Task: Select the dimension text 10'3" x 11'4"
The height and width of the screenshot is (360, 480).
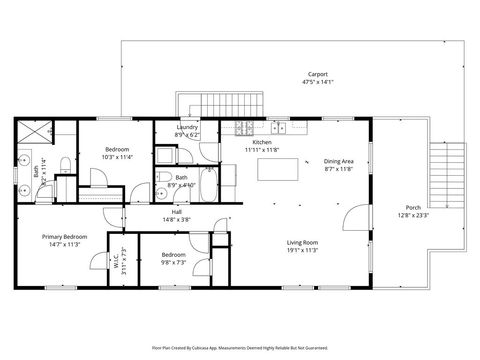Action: [x=116, y=157]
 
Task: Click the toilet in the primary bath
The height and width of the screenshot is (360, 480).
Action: [x=63, y=165]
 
